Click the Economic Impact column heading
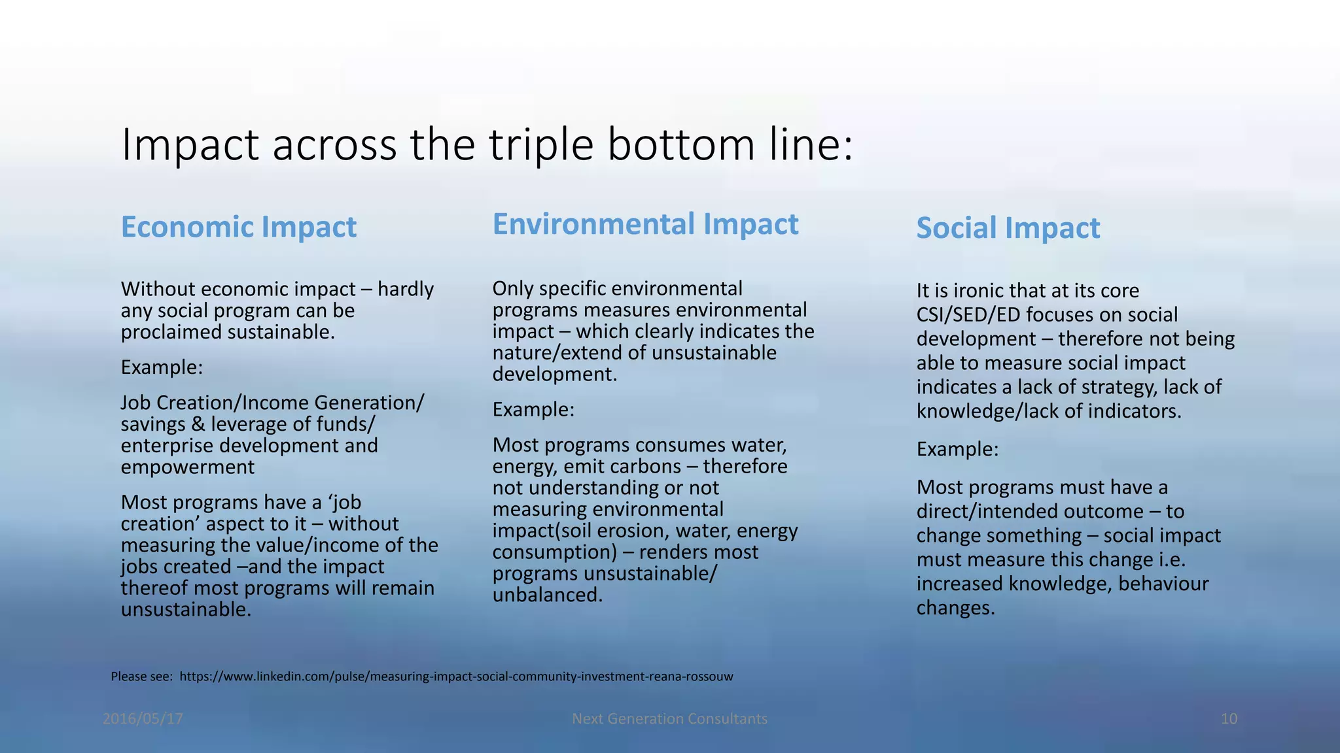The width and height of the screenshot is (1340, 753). [x=239, y=227]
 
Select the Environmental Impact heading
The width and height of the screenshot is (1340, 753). [x=645, y=224]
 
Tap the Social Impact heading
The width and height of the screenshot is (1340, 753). [x=1008, y=228]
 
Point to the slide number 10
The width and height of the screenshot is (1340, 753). [x=1229, y=719]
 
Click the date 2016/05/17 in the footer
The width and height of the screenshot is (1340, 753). [x=143, y=719]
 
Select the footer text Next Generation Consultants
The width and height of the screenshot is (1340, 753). [x=669, y=719]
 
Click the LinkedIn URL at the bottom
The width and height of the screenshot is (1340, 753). [x=456, y=677]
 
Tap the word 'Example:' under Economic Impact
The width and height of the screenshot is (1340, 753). [x=162, y=367]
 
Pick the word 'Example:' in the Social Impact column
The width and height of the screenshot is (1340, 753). [x=957, y=449]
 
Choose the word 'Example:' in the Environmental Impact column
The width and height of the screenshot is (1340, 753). [x=533, y=410]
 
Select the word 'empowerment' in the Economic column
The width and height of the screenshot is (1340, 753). [x=187, y=467]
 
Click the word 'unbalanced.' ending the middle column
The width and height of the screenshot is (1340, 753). [x=548, y=595]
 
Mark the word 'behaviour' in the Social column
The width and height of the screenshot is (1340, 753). [x=1163, y=584]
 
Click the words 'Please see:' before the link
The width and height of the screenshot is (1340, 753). [x=141, y=677]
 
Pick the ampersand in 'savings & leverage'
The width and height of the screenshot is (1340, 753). [x=198, y=425]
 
